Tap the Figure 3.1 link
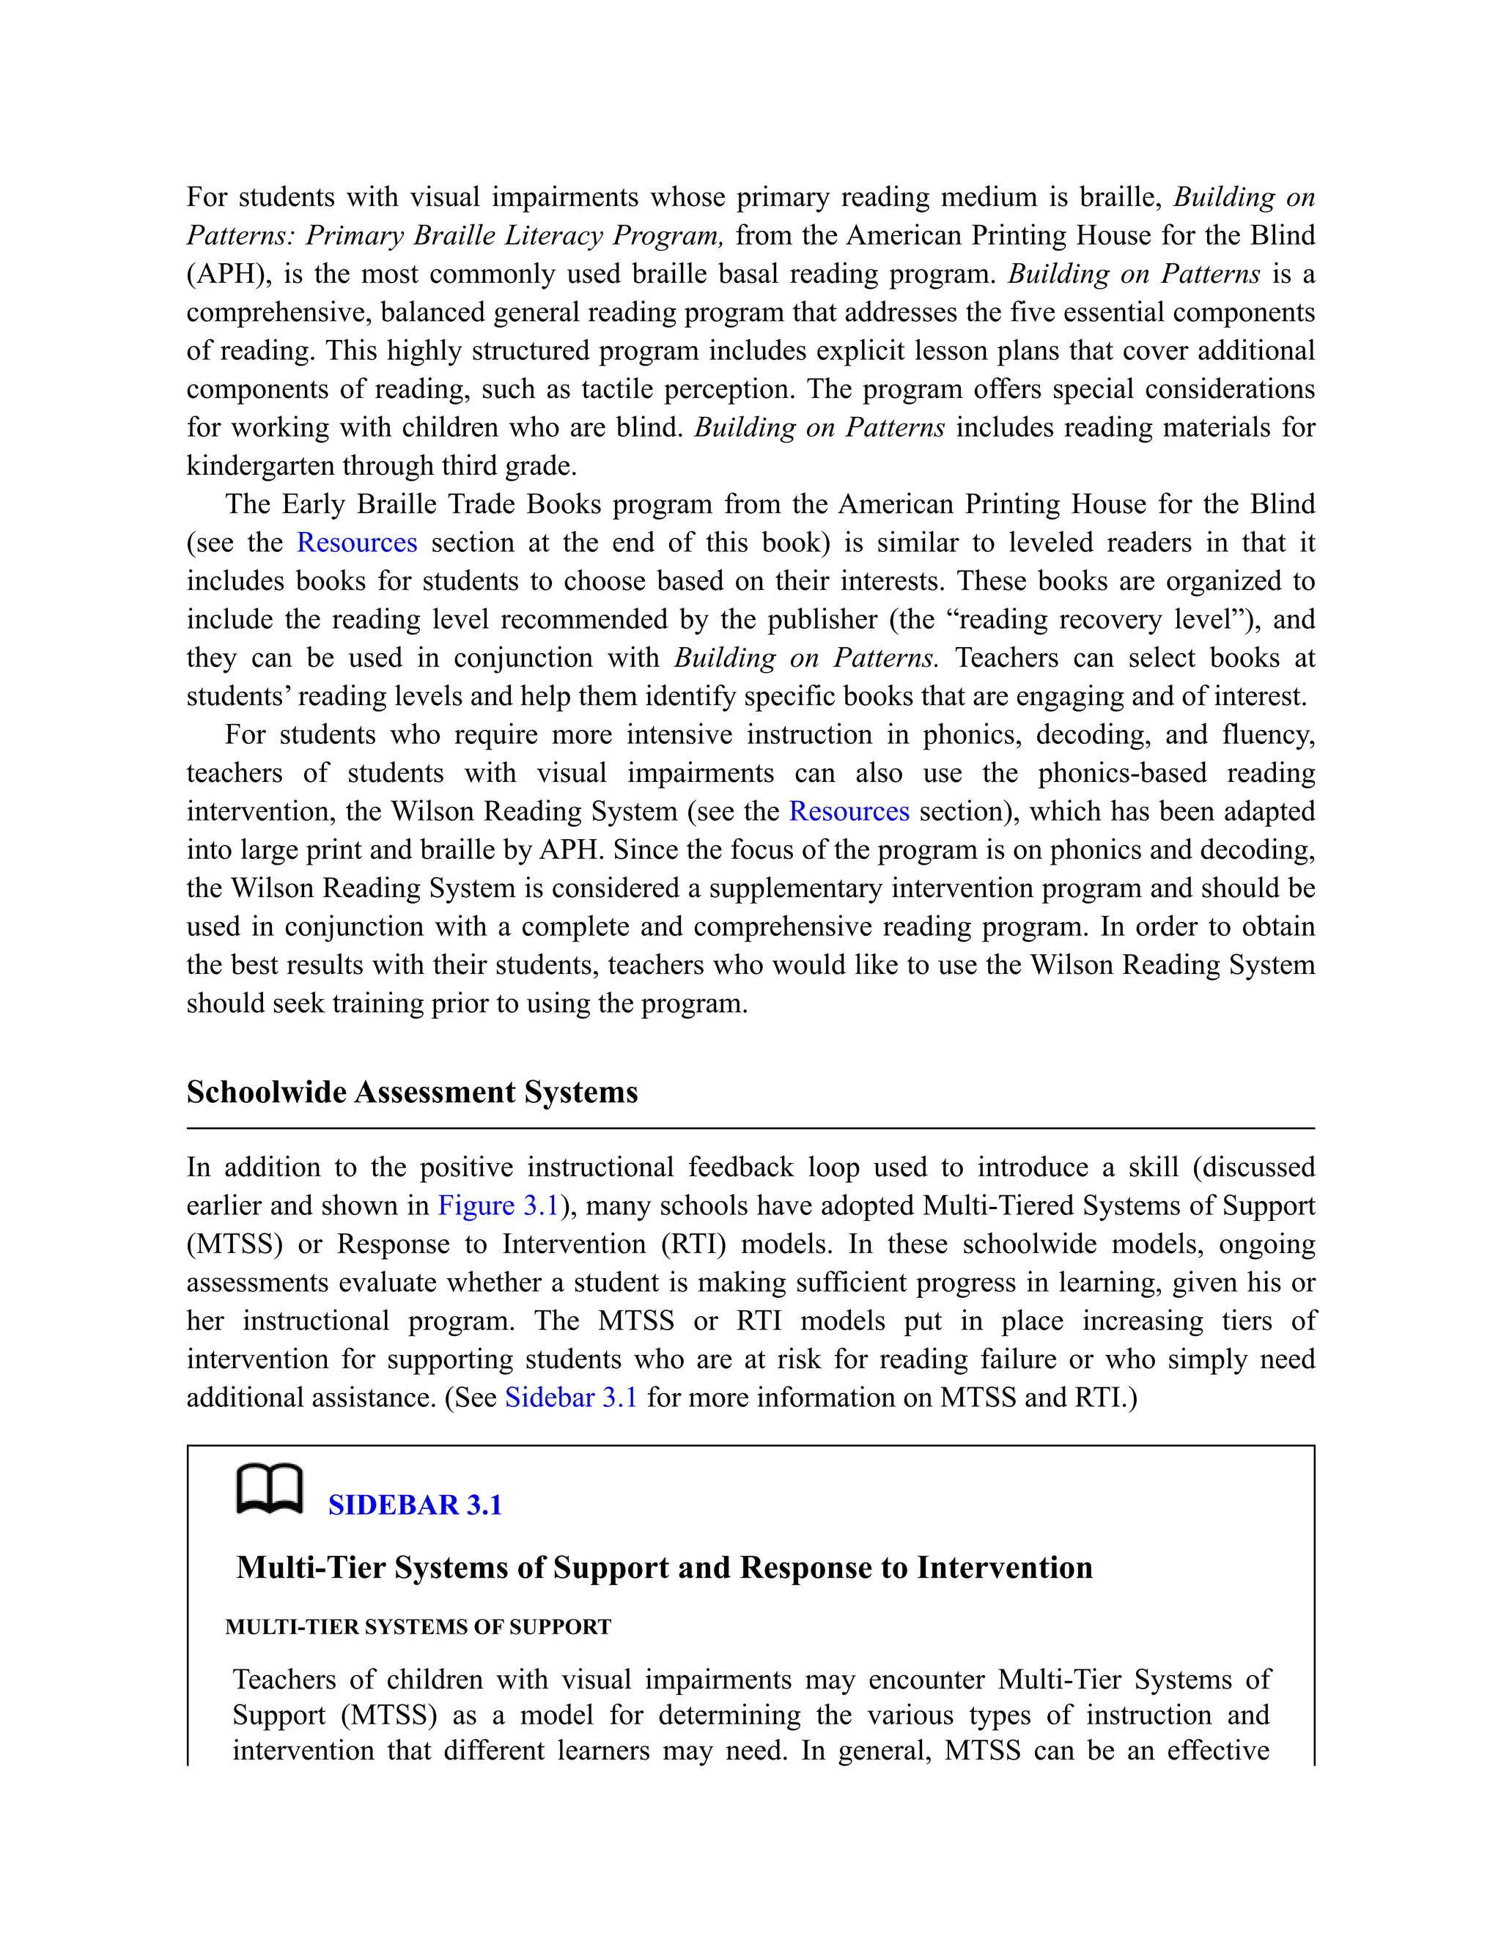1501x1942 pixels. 498,1206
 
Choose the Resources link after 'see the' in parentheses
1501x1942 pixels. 357,542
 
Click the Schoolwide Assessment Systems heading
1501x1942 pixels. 412,1092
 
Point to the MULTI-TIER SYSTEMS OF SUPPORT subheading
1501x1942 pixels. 418,1627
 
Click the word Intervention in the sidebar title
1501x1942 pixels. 1004,1568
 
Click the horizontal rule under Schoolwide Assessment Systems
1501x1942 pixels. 750,1129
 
